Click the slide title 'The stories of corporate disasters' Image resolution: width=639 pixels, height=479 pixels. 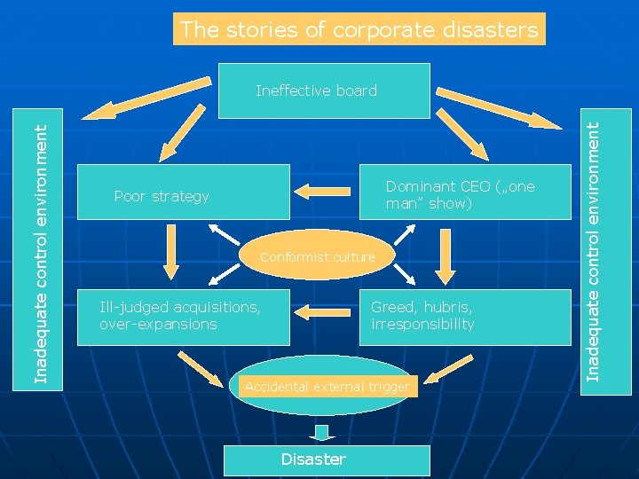coord(359,29)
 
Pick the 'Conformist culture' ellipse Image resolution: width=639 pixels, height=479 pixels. coord(317,257)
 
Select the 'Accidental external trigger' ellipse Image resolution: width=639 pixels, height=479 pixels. coord(327,387)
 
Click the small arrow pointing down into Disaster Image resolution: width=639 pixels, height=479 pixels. coord(321,434)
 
